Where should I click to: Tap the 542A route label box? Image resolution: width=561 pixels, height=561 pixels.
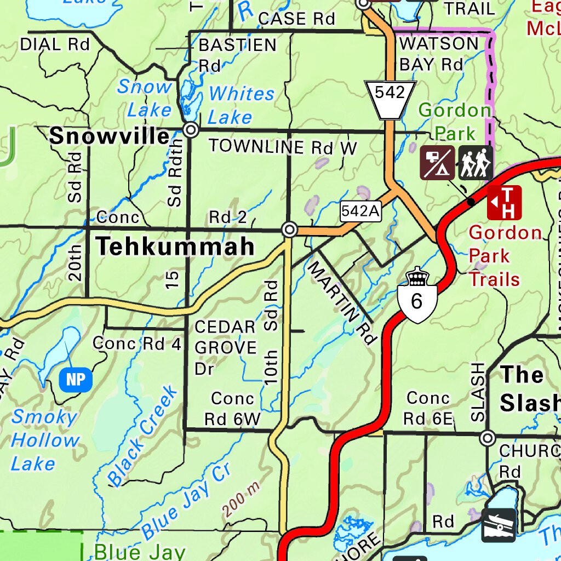(x=360, y=211)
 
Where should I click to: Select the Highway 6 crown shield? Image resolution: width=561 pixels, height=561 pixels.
(x=417, y=296)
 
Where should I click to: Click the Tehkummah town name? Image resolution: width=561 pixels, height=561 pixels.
(x=175, y=247)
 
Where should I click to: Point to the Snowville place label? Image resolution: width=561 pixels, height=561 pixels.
(x=109, y=136)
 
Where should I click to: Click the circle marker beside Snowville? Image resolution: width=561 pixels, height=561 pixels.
(x=191, y=130)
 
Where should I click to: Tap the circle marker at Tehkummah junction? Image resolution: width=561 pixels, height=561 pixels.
(x=290, y=230)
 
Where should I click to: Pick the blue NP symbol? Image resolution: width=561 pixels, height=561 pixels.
(x=76, y=380)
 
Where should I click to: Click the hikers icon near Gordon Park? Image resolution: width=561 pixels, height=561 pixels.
(x=476, y=163)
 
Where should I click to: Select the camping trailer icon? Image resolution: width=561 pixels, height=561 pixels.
(x=437, y=163)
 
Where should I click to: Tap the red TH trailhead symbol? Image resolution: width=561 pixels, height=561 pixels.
(x=504, y=202)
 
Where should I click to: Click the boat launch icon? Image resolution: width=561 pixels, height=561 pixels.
(x=499, y=525)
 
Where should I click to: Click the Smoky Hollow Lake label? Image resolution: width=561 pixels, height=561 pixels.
(x=44, y=440)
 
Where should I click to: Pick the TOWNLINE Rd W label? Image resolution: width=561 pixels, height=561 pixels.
(x=283, y=146)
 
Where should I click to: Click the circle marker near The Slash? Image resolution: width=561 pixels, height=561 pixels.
(x=488, y=438)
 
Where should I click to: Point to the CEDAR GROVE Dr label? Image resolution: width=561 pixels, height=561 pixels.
(x=225, y=348)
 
